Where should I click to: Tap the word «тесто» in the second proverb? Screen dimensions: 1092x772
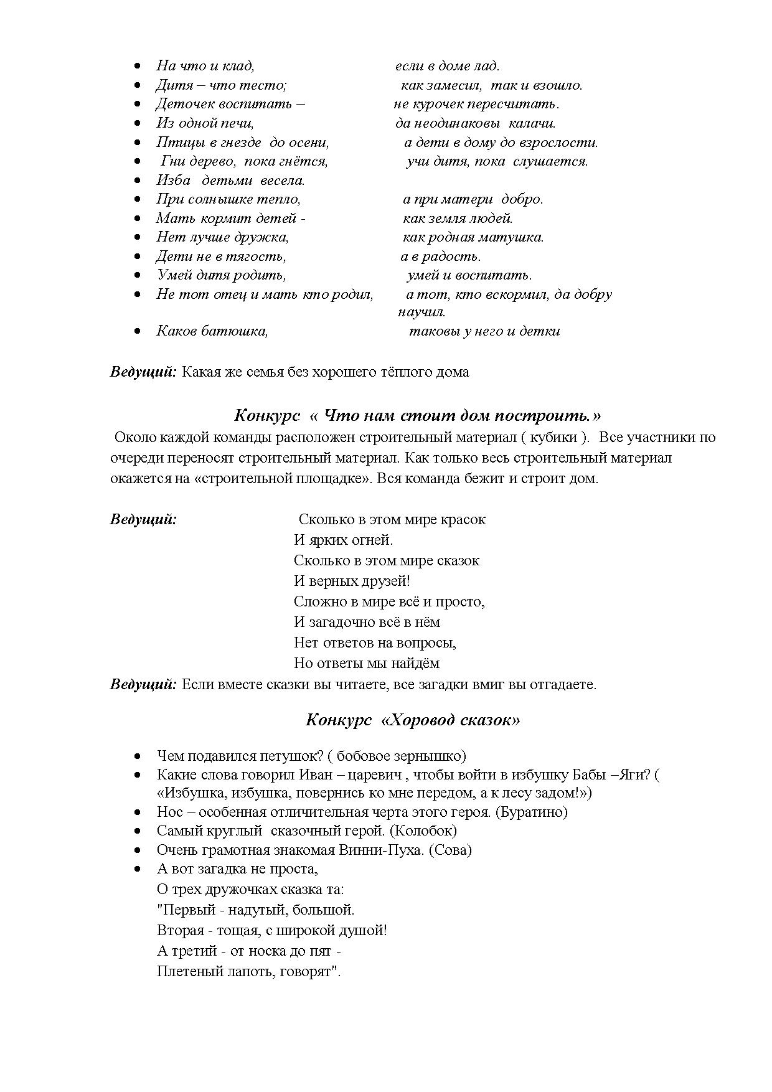[x=266, y=85]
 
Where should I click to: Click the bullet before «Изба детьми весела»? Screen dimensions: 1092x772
[x=138, y=181]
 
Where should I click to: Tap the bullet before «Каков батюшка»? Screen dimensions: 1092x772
[x=138, y=332]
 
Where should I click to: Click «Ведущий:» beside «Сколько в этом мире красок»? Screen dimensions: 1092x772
[x=143, y=519]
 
